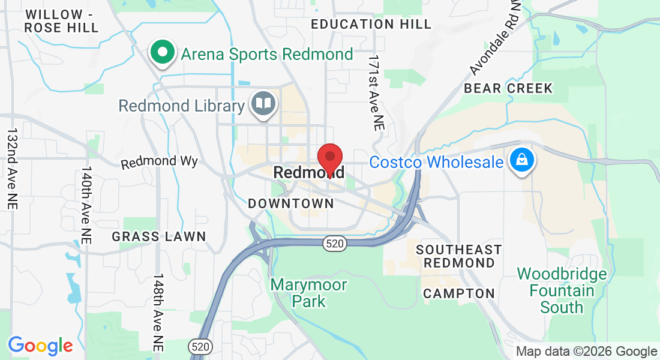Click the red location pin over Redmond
tap(329, 158)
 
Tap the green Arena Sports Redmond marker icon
tap(162, 52)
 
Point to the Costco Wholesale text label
tap(436, 162)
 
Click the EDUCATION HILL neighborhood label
tap(371, 24)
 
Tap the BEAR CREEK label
tap(508, 88)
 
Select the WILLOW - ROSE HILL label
tap(62, 21)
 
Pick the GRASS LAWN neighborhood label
tap(159, 237)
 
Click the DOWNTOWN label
tap(291, 203)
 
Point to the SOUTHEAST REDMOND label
tap(459, 256)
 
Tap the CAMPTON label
tap(459, 294)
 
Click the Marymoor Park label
tap(308, 292)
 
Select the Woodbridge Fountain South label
tap(562, 291)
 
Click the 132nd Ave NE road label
tap(12, 168)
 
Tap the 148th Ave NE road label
tap(158, 312)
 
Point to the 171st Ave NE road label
tap(376, 93)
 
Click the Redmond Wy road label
tap(159, 162)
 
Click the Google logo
tap(40, 346)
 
